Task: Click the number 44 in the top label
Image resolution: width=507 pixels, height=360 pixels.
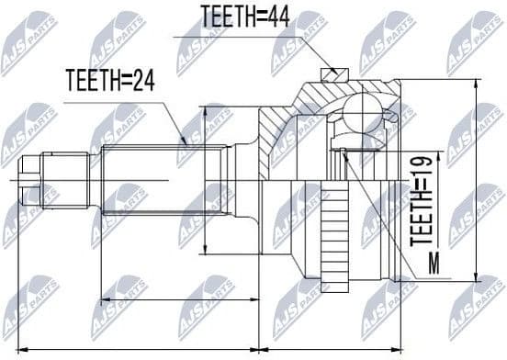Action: point(280,16)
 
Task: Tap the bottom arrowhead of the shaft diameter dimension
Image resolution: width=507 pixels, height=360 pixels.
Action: point(206,250)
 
